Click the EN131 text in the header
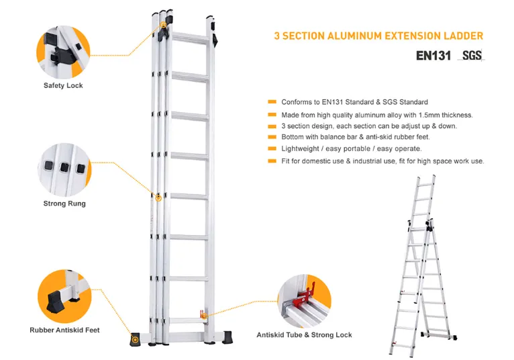pyautogui.click(x=433, y=56)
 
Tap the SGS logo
pyautogui.click(x=472, y=56)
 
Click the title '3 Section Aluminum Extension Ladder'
pyautogui.click(x=378, y=36)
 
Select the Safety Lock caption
pyautogui.click(x=63, y=86)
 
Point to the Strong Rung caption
pyautogui.click(x=64, y=204)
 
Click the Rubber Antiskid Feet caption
pyautogui.click(x=64, y=330)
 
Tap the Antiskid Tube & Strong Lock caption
pyautogui.click(x=304, y=334)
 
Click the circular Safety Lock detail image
pyautogui.click(x=64, y=49)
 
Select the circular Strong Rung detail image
pyautogui.click(x=64, y=168)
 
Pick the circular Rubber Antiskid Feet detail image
pyautogui.click(x=64, y=294)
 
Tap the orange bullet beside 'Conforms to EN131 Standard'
pyautogui.click(x=272, y=102)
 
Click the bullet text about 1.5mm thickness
pyautogui.click(x=376, y=115)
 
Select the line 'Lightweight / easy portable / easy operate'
pyautogui.click(x=351, y=148)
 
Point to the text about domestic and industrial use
pyautogui.click(x=382, y=161)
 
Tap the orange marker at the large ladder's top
pyautogui.click(x=164, y=26)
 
